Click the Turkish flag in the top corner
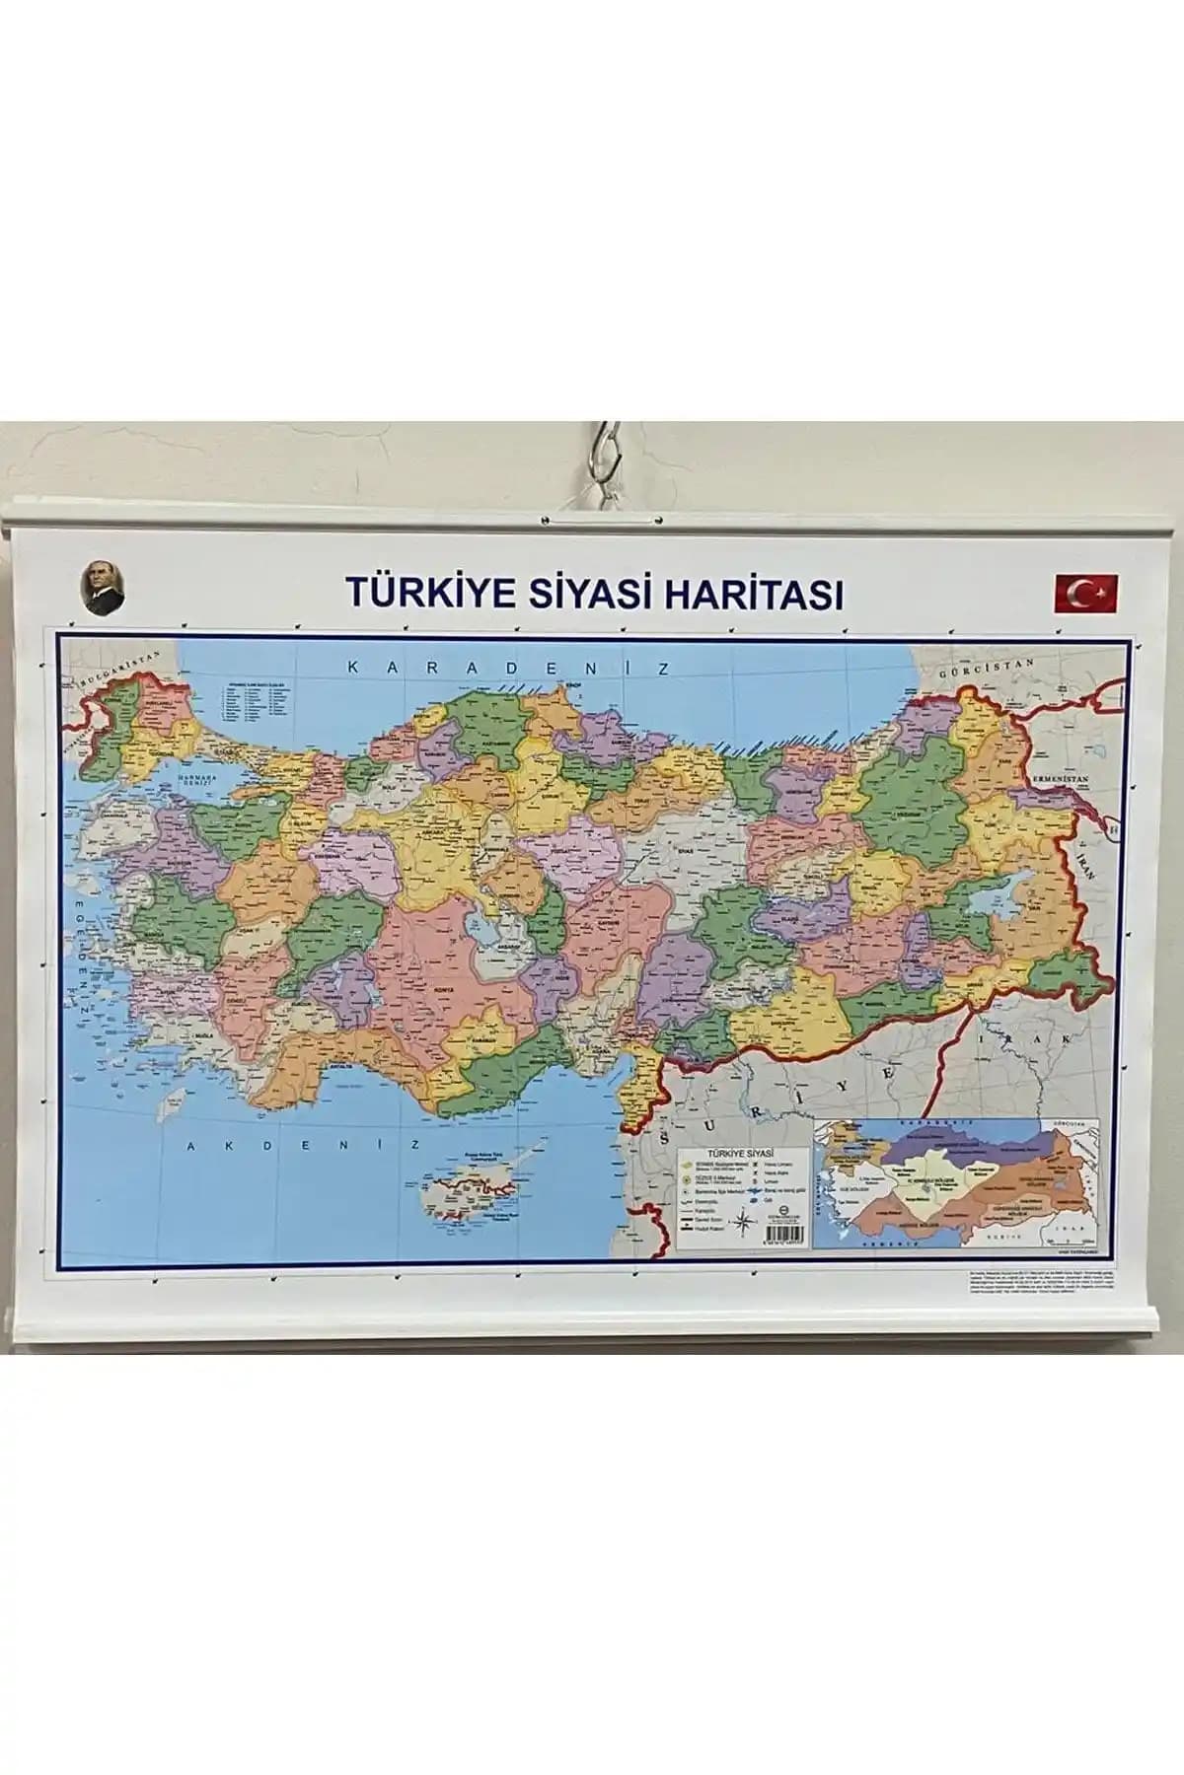tap(1085, 593)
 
